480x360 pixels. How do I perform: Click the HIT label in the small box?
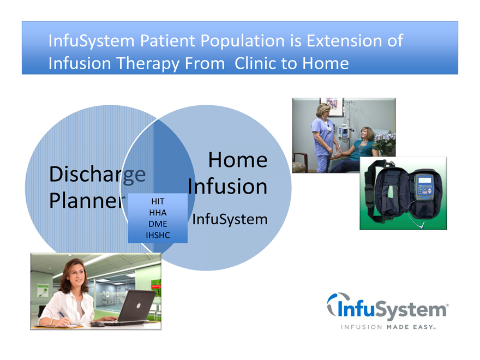coord(158,201)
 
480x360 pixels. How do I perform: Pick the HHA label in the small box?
coord(158,213)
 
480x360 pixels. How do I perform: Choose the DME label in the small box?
coord(158,224)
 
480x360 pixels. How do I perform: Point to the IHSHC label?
coord(158,236)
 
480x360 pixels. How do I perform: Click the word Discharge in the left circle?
coord(97,175)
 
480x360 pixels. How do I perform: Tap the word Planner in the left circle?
coord(87,201)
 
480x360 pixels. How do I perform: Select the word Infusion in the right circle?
coord(227,186)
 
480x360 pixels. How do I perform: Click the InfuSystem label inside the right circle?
coord(230,219)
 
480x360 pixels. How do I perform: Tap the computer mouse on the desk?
coord(97,324)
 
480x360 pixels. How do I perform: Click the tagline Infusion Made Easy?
coord(388,327)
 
